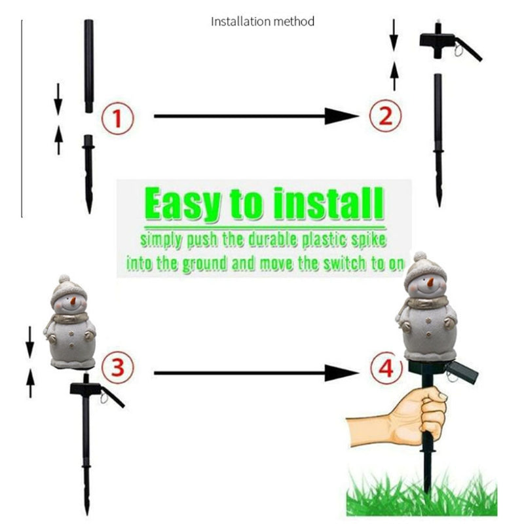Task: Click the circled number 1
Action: click(118, 119)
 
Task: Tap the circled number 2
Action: click(386, 116)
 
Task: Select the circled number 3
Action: click(118, 367)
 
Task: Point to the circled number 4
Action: click(386, 368)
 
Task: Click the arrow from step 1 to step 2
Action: click(256, 116)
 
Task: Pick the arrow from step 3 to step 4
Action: click(256, 373)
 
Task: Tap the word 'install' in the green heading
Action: click(328, 203)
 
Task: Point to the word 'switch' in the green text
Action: click(346, 264)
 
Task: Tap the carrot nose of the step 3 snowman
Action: click(73, 301)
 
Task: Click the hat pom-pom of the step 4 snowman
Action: click(420, 257)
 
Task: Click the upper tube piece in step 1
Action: click(89, 66)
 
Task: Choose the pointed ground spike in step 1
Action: click(88, 174)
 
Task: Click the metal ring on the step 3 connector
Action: click(104, 398)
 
